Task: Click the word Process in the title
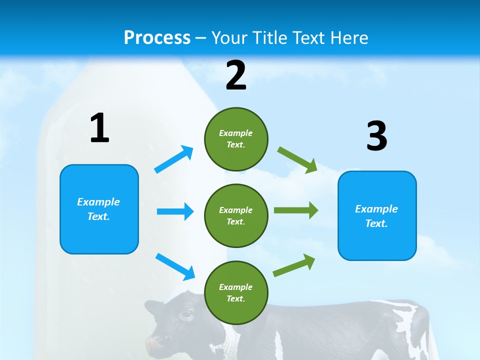pyautogui.click(x=157, y=37)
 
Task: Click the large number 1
pyautogui.click(x=99, y=128)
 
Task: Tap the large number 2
pyautogui.click(x=236, y=75)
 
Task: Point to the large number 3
pyautogui.click(x=377, y=136)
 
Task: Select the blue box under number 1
pyautogui.click(x=99, y=209)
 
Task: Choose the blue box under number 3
pyautogui.click(x=377, y=215)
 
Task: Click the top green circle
pyautogui.click(x=236, y=139)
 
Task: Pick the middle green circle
pyautogui.click(x=236, y=215)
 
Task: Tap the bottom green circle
pyautogui.click(x=236, y=292)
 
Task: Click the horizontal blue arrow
pyautogui.click(x=175, y=211)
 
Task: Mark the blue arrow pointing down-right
pyautogui.click(x=175, y=266)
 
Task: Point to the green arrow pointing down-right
pyautogui.click(x=297, y=159)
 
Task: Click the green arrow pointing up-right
pyautogui.click(x=294, y=265)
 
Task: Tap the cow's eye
pyautogui.click(x=186, y=314)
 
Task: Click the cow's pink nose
pyautogui.click(x=156, y=344)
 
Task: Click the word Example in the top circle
pyautogui.click(x=236, y=133)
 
